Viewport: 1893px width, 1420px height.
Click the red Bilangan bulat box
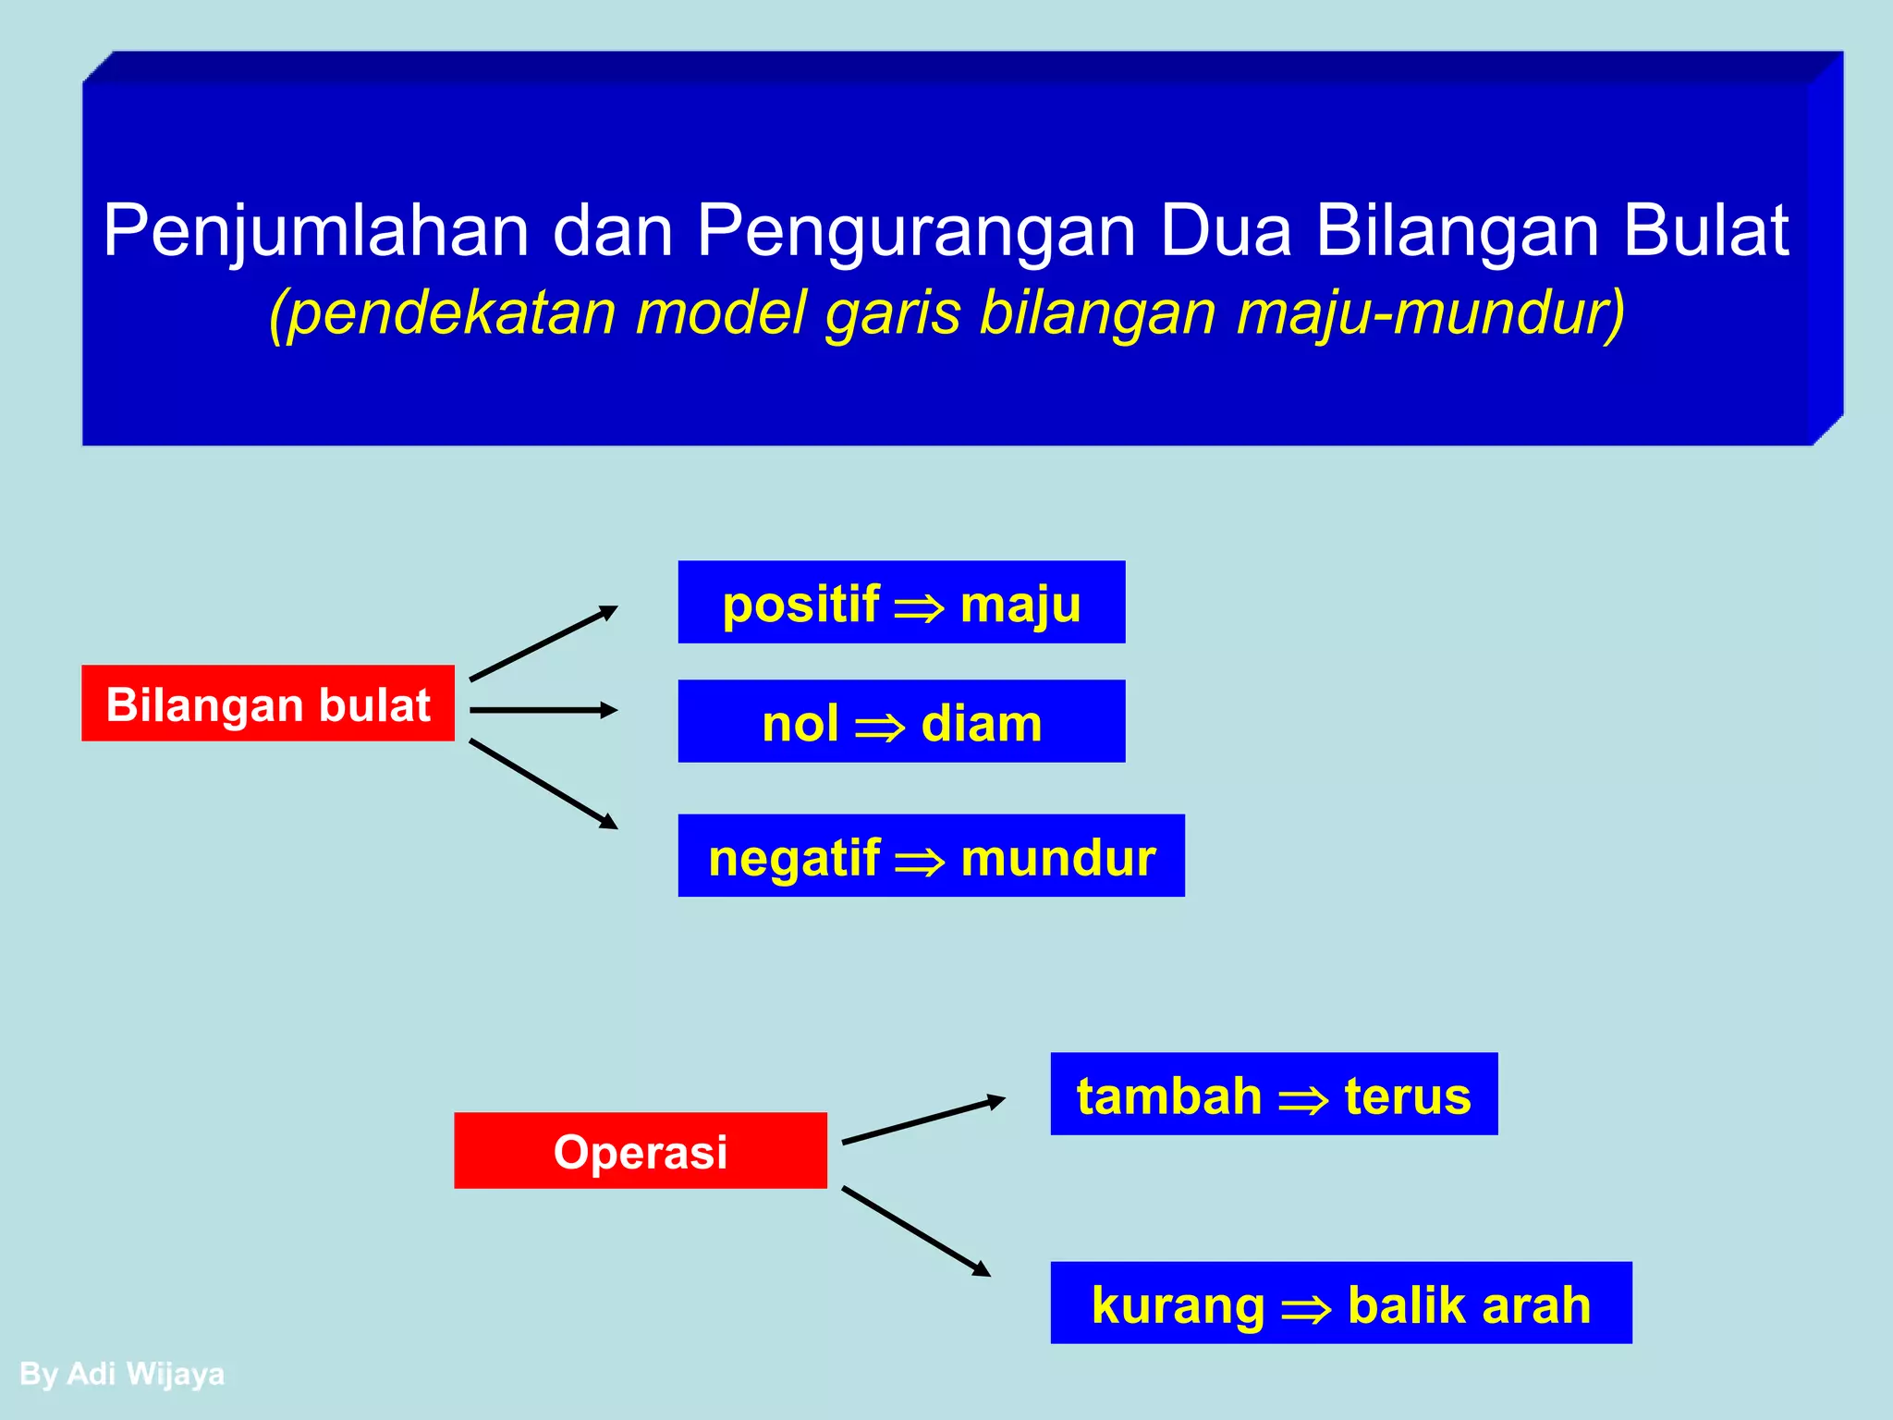268,704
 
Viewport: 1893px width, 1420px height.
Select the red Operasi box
641,1151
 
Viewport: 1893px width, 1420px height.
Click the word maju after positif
1020,606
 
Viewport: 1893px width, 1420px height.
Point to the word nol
800,723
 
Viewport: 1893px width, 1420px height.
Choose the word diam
982,723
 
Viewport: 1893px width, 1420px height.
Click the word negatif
794,857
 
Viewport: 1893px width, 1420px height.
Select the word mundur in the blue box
1058,857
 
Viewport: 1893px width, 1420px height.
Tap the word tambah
1169,1096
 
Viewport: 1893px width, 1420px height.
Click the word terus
1408,1096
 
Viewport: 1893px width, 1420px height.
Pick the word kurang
1178,1304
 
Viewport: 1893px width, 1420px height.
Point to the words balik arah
1470,1304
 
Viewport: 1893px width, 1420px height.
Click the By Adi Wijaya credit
122,1374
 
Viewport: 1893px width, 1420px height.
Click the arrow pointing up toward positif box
543,643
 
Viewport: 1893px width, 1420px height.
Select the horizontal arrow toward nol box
543,710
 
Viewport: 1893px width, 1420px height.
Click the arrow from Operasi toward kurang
916,1232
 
